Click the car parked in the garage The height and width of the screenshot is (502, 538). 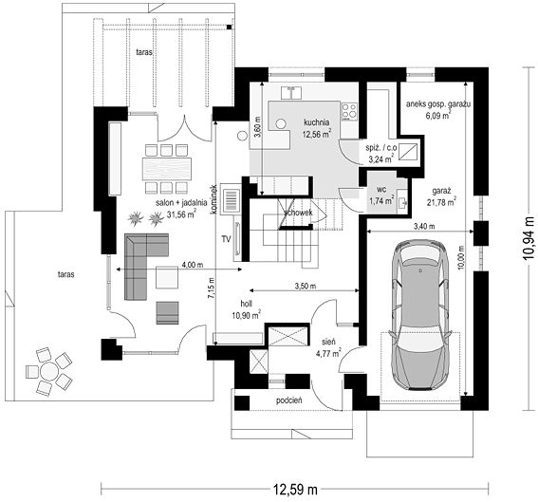(420, 315)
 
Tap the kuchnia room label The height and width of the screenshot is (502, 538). (316, 122)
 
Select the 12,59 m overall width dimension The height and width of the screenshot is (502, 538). (295, 490)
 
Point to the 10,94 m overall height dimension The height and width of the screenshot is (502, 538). (529, 238)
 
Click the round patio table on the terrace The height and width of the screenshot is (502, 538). (48, 371)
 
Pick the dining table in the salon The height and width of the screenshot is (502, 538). (168, 169)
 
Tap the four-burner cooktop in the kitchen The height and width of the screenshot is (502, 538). (349, 112)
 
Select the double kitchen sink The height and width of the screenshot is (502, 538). (291, 93)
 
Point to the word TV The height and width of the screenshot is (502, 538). (226, 239)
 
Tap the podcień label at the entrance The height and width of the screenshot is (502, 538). (288, 400)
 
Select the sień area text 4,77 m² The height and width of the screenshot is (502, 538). (326, 352)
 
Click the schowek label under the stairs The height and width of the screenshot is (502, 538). (298, 213)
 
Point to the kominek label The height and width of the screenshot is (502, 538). (214, 200)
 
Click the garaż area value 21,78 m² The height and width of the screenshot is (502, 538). (441, 202)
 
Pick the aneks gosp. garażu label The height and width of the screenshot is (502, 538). (438, 104)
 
